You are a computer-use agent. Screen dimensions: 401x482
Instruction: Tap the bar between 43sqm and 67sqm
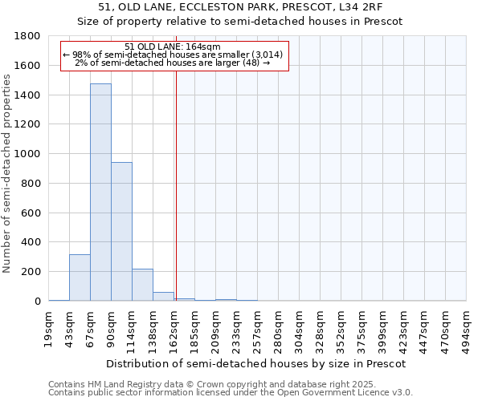pyautogui.click(x=80, y=277)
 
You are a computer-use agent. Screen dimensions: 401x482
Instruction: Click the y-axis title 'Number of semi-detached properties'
pyautogui.click(x=9, y=168)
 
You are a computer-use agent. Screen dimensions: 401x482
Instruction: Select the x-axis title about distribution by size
pyautogui.click(x=256, y=363)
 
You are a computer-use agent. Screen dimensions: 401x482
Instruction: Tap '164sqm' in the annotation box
pyautogui.click(x=192, y=47)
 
